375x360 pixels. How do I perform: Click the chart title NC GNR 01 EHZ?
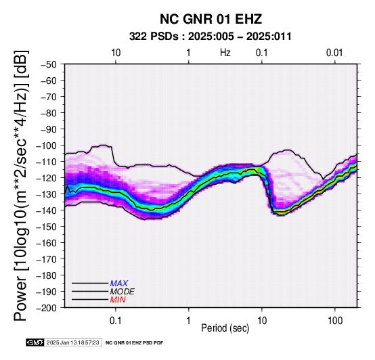coord(211,19)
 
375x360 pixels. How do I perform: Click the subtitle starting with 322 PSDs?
coord(211,37)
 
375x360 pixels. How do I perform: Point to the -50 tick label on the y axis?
coord(49,64)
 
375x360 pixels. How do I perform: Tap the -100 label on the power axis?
coord(47,145)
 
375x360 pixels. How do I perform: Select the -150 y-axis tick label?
coord(47,227)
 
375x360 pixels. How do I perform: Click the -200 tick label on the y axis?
coord(47,308)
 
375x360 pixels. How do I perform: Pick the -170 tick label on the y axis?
coord(47,259)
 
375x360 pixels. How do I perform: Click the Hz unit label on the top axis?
coord(225,53)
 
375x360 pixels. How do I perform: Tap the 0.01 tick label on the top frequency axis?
coord(334,53)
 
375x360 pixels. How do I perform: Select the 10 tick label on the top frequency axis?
coord(116,53)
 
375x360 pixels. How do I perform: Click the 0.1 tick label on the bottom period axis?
coord(116,321)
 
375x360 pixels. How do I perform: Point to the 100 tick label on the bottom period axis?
coord(335,321)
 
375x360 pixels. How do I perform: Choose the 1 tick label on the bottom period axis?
coord(189,321)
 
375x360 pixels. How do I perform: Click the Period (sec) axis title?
coord(225,328)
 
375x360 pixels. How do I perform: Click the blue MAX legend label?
coord(119,284)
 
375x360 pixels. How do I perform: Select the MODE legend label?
coord(123,292)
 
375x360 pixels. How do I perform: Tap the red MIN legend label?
coord(118,300)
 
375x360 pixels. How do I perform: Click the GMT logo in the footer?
coord(35,342)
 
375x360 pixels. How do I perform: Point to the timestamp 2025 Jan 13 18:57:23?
coord(72,342)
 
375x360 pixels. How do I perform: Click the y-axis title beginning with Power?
coord(20,185)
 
